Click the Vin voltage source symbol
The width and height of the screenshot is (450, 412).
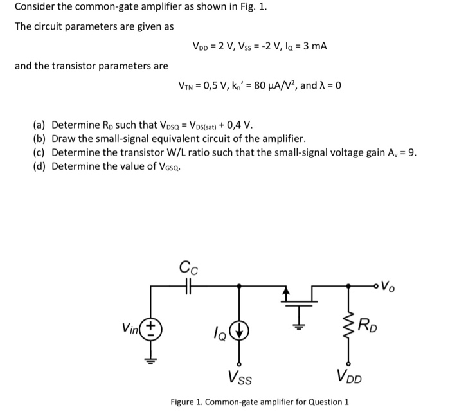152,328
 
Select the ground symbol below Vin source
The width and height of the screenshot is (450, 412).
152,361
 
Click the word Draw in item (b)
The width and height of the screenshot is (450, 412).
65,138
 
